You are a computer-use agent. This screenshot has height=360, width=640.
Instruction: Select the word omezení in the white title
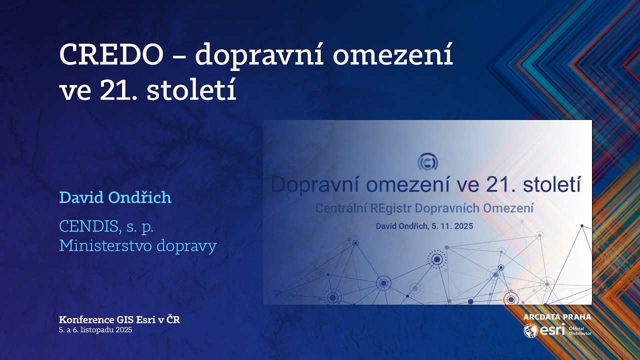(x=394, y=54)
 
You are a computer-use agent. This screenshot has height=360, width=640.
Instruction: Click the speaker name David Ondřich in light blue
(x=115, y=197)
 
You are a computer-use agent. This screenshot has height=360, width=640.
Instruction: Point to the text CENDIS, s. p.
(x=106, y=226)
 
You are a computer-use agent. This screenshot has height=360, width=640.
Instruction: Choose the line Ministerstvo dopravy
(x=137, y=246)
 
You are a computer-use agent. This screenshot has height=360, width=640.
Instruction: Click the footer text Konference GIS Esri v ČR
(x=119, y=319)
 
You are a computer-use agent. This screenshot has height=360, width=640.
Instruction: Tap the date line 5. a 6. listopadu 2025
(x=95, y=330)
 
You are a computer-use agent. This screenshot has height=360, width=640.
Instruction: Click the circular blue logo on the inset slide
(x=427, y=161)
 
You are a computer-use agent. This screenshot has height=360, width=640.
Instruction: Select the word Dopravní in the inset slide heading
(x=316, y=185)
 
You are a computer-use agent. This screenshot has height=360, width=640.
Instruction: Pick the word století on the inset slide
(x=551, y=185)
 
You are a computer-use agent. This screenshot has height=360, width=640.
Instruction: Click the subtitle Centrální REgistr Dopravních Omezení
(x=424, y=208)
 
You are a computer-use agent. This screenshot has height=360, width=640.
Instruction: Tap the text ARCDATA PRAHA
(x=557, y=317)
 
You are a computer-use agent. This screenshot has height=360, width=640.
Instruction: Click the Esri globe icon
(x=530, y=331)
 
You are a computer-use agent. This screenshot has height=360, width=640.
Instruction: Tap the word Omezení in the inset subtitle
(x=510, y=208)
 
